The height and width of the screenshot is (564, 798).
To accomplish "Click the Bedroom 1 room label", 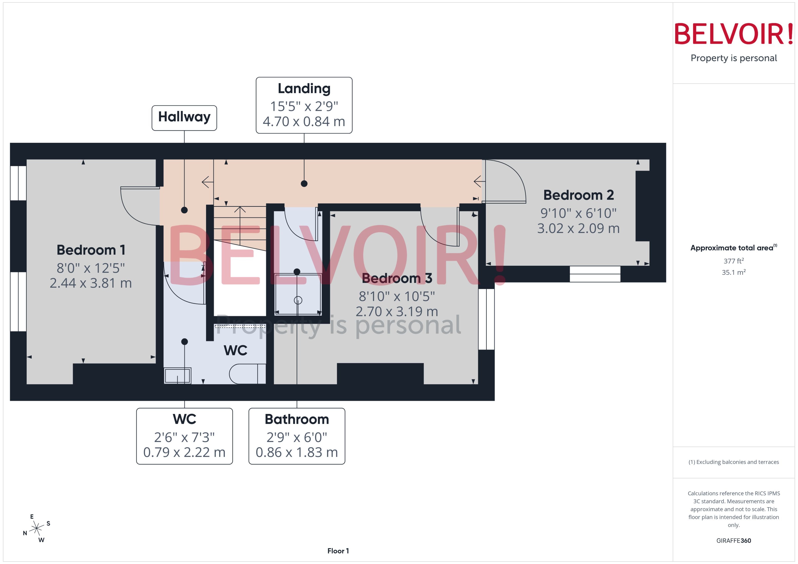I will tap(91, 250).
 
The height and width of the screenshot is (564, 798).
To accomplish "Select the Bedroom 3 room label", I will tap(397, 278).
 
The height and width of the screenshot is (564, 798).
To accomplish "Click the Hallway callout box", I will tap(184, 117).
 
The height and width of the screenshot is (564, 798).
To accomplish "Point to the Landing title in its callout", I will tap(304, 89).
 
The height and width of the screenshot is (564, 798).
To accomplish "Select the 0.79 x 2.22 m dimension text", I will tap(184, 452).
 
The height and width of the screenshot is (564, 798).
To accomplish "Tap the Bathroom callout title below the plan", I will tap(297, 419).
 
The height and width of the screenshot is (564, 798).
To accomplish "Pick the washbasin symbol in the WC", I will tap(177, 375).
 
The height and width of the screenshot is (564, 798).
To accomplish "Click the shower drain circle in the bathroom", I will tap(298, 300).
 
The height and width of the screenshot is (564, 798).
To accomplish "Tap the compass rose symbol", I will tap(36, 528).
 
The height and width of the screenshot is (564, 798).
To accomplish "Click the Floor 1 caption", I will tap(338, 551).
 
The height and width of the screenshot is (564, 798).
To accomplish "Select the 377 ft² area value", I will tap(734, 261).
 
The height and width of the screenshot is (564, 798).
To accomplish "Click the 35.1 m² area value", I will tap(734, 272).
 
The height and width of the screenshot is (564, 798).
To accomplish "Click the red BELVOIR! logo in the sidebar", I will tap(734, 34).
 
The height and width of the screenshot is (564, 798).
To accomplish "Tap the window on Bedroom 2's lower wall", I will tap(595, 274).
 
